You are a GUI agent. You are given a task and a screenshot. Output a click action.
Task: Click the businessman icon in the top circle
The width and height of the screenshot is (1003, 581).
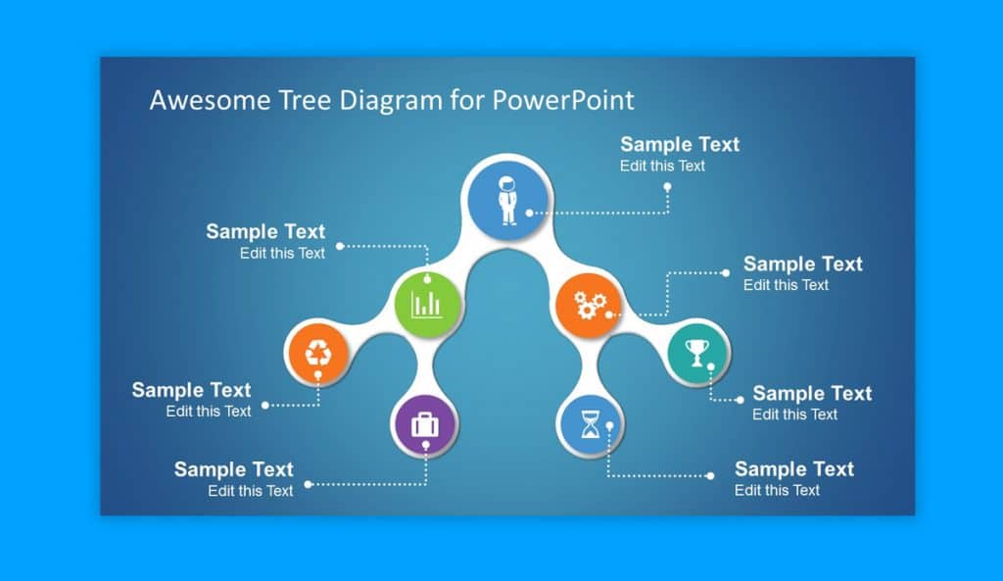507,200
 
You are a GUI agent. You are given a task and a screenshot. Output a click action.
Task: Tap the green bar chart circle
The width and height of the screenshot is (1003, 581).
427,304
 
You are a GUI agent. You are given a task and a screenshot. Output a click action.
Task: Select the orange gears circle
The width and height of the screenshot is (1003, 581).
589,306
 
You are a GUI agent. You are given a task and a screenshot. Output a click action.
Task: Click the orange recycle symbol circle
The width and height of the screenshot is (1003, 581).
318,353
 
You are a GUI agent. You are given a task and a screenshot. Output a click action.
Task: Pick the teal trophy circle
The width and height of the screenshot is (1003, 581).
697,353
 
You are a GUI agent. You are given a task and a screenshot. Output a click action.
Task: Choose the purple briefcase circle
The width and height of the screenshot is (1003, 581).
425,424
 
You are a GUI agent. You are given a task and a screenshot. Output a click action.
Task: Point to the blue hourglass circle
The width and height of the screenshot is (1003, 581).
591,424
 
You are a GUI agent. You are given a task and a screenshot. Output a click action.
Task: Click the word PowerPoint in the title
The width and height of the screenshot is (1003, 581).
563,100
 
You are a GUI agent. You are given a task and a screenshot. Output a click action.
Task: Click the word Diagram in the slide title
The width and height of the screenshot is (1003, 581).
390,101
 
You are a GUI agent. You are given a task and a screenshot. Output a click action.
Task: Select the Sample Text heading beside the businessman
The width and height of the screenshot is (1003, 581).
680,144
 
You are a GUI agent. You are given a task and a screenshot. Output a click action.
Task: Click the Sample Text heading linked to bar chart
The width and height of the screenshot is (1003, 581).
265,231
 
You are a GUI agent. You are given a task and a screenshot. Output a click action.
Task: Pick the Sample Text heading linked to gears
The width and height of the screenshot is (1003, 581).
803,264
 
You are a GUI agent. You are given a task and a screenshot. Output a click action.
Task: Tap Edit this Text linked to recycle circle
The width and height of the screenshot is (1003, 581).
209,412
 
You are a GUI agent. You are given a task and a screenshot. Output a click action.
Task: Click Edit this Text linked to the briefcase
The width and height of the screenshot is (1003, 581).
250,491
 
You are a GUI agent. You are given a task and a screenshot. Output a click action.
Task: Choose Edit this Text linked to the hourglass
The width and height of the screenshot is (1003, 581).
777,490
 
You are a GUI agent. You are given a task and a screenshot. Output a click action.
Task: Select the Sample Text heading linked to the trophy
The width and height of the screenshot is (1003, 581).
812,393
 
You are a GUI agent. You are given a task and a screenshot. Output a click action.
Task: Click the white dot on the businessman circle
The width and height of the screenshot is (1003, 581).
530,213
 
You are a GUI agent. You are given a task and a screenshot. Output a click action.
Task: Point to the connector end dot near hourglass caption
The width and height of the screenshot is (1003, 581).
710,475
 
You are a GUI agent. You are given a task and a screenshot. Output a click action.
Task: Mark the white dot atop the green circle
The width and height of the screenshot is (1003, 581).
427,279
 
